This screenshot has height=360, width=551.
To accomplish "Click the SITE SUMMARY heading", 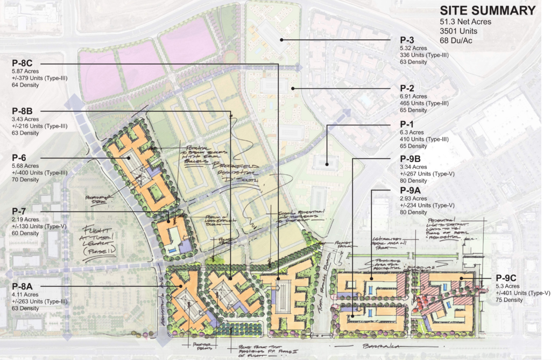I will pos(488,10).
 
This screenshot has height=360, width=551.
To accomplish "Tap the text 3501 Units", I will pos(458,31).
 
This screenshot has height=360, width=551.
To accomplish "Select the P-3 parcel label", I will pos(407,40).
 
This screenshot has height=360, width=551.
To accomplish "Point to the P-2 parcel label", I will pos(407,88).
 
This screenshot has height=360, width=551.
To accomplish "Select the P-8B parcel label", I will pos(25,111).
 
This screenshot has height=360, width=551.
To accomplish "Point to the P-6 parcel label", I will pos(21,157).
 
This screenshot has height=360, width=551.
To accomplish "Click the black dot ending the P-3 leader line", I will pos(281,40).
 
